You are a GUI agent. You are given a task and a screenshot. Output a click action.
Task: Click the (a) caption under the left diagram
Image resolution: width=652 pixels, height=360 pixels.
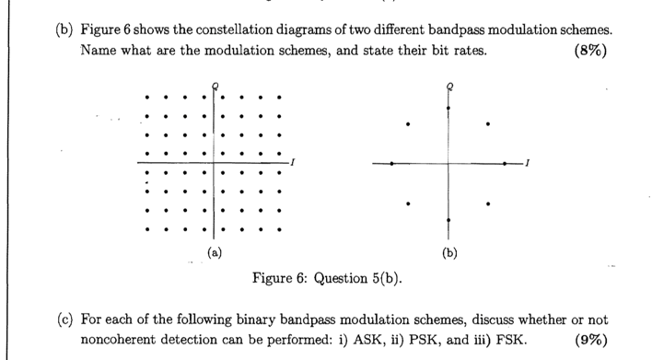click(212, 250)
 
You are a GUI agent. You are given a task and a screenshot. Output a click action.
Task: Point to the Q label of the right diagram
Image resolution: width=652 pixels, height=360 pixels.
click(449, 86)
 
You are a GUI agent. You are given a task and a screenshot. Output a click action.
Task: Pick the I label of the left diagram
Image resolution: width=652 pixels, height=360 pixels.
click(291, 162)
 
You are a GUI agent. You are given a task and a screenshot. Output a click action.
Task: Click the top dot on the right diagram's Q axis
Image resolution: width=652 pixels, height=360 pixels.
click(449, 108)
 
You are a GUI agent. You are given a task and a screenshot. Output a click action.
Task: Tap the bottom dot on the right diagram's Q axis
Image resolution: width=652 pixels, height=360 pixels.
click(449, 220)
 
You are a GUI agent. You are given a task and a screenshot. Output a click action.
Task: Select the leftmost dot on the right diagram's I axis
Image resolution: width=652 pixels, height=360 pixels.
click(393, 163)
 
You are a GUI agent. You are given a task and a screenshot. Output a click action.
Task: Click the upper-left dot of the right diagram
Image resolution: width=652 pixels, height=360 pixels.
click(410, 123)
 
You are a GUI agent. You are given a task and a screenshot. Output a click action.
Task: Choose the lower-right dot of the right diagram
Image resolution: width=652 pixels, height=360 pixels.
click(489, 203)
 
